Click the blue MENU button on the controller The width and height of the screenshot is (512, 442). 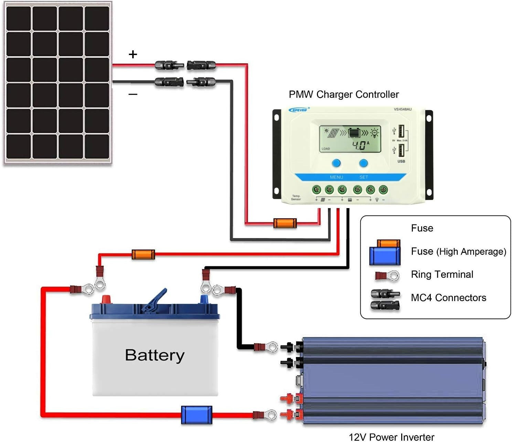point(336,163)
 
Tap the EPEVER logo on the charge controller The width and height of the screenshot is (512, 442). point(299,110)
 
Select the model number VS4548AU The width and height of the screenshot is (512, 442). point(402,109)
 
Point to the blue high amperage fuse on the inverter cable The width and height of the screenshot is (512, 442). point(196,415)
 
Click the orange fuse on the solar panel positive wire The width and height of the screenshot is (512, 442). point(285,223)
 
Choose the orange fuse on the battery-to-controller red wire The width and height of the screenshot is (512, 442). point(143,255)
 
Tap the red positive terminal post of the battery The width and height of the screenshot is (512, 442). point(106,299)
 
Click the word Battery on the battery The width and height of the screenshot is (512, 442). point(154,355)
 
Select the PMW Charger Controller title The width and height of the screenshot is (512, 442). point(343,94)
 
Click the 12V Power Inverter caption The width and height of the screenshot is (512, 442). point(391,437)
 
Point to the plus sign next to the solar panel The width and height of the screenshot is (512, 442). point(133,54)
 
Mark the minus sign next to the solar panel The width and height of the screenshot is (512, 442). point(133,94)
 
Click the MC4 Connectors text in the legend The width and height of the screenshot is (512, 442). point(448,298)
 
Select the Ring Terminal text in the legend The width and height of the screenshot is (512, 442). point(442,274)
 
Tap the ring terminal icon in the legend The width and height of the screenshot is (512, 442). point(387,276)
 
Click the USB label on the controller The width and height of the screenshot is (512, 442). point(401,161)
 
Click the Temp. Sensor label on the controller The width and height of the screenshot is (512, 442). point(296,197)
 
